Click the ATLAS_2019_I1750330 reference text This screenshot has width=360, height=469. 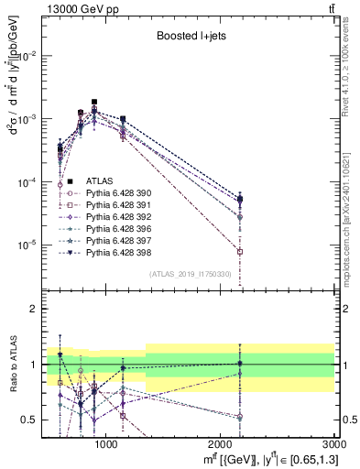[x=190, y=274]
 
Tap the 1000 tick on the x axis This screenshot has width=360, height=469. [x=106, y=443]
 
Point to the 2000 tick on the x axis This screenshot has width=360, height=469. [x=221, y=443]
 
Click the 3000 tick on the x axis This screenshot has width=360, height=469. [x=334, y=443]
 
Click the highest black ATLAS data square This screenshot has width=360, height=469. [x=94, y=102]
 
